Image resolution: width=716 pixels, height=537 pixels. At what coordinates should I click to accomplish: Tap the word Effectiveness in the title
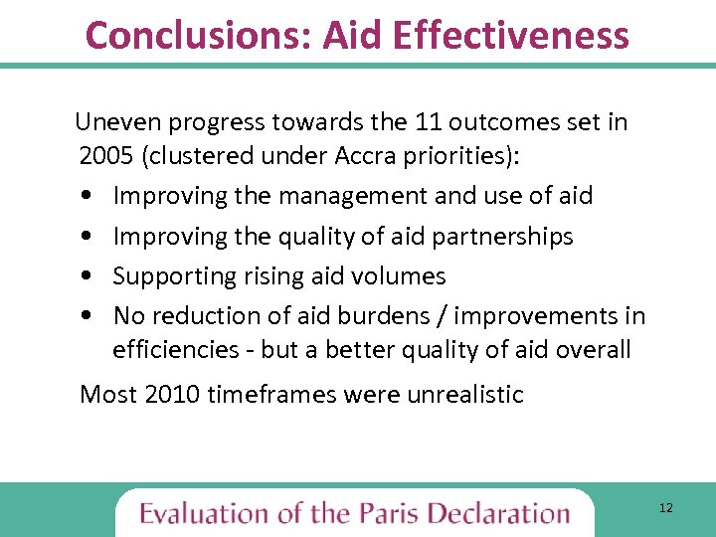(511, 35)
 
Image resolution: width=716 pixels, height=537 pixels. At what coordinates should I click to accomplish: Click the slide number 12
(665, 508)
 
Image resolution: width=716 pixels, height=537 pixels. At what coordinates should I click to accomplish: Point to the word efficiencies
(175, 350)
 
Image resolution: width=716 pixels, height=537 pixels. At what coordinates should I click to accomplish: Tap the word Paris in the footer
(388, 513)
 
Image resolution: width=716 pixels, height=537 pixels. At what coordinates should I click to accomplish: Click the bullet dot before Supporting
(89, 277)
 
